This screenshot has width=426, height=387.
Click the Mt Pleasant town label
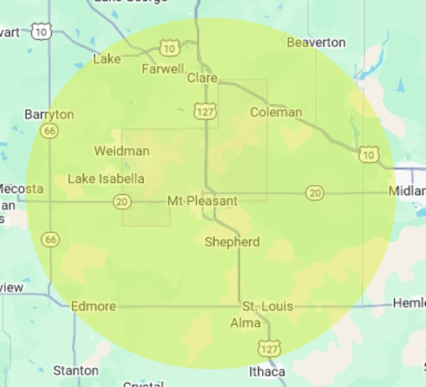[202, 201]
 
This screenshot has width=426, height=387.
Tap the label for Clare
[202, 78]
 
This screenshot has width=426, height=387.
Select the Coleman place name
[276, 112]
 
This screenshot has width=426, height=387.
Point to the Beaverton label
[316, 43]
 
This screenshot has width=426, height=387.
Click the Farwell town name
[163, 69]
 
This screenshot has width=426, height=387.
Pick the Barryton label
[49, 115]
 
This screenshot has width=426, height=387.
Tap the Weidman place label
[121, 151]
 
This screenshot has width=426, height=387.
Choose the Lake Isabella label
[106, 179]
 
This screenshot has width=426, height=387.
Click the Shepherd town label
[232, 242]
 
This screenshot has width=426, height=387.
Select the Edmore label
[94, 307]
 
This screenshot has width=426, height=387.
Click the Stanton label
[76, 371]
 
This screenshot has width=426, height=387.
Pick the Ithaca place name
[267, 371]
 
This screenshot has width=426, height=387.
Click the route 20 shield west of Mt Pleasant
[122, 202]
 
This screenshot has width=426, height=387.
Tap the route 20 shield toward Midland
[315, 193]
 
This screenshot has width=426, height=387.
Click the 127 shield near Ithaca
[270, 348]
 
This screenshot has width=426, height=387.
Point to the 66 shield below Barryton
[49, 131]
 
